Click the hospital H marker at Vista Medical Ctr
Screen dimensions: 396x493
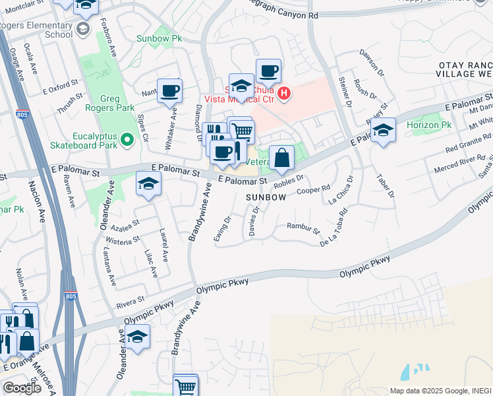tap(284, 94)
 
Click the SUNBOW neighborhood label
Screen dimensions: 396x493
tap(266, 197)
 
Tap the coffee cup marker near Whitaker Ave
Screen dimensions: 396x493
tap(169, 91)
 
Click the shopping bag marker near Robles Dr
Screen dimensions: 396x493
tap(282, 158)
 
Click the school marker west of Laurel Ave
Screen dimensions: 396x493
tap(149, 184)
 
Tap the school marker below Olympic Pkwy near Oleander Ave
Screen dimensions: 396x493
tap(138, 337)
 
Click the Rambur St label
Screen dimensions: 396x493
tap(303, 229)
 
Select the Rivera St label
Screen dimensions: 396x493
tap(130, 303)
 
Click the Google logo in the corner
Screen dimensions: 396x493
tap(22, 388)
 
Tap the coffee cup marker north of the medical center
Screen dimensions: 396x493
tap(268, 71)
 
